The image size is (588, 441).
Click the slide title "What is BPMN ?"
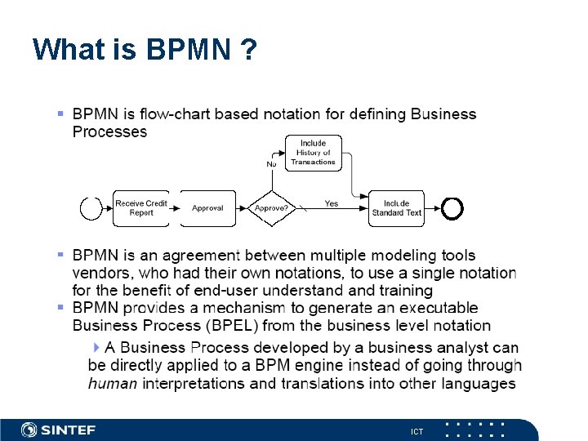point(145,50)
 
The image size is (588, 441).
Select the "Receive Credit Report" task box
point(141,208)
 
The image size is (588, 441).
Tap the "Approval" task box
point(207,208)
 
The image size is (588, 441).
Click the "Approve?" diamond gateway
point(271,208)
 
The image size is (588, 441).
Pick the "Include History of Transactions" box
point(313,153)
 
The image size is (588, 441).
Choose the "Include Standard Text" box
point(396,208)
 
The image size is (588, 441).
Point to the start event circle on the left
point(91,209)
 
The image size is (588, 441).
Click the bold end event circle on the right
point(452,209)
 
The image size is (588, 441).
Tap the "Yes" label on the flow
point(332,203)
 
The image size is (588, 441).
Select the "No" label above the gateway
point(272,164)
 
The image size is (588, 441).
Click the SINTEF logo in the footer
point(59,430)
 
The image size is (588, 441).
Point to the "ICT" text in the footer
point(417,431)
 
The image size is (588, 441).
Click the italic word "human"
point(113,383)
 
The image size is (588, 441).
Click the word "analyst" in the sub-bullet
point(446,348)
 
